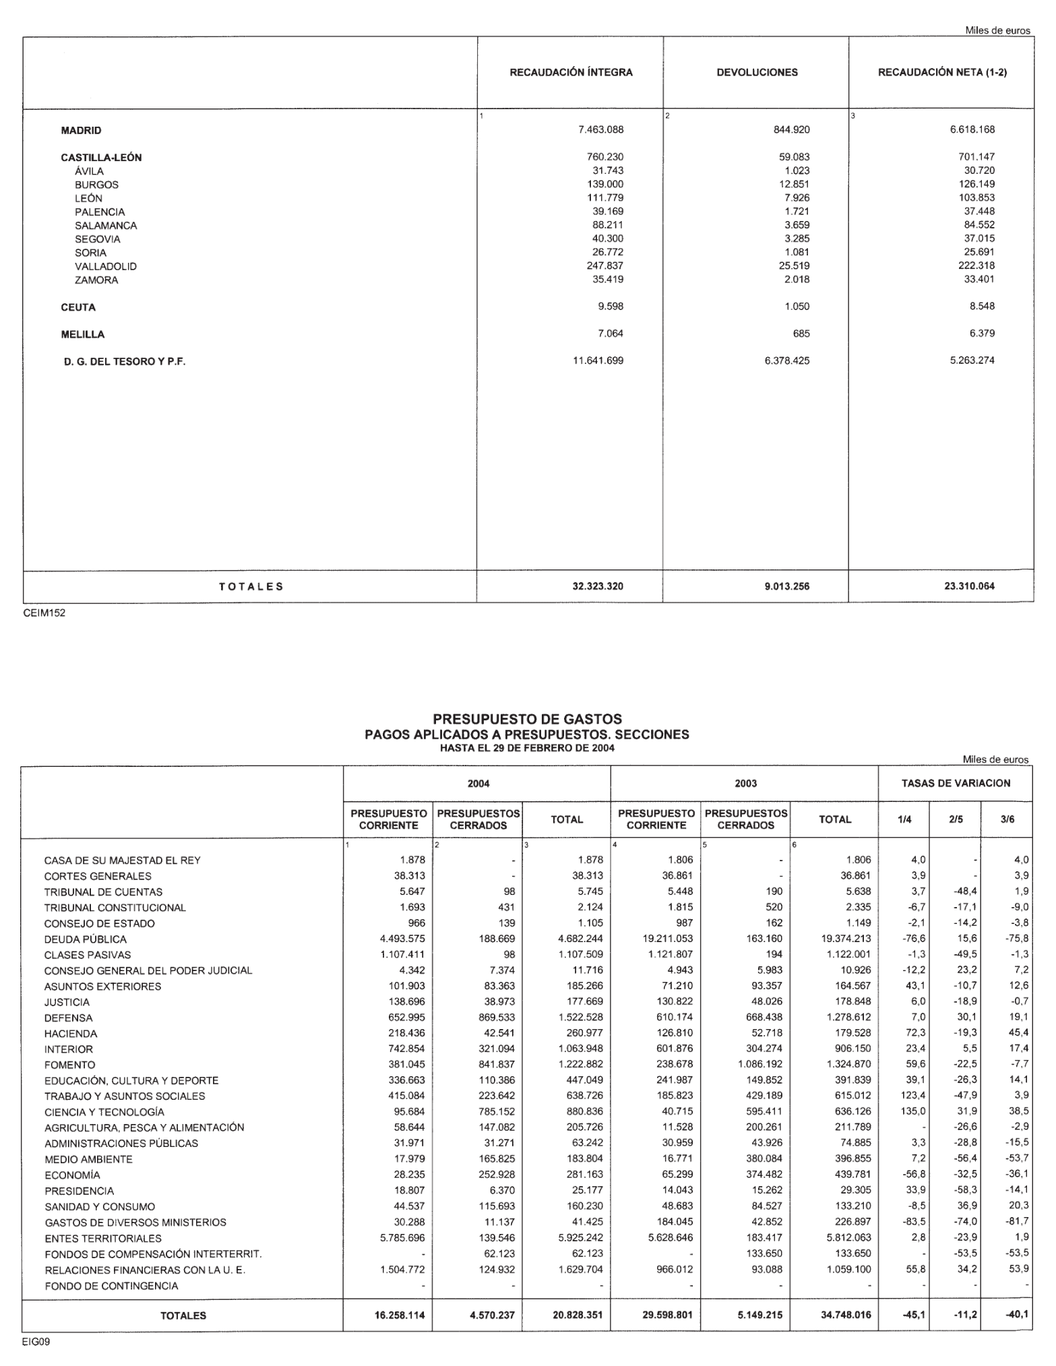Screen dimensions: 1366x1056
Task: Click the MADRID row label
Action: pos(81,131)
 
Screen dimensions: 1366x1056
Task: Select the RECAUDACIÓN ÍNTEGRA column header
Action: pos(571,73)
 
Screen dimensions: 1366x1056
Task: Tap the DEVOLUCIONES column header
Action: pos(757,73)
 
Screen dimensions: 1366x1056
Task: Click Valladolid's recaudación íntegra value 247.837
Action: pos(604,266)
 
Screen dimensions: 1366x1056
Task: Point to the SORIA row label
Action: pos(90,253)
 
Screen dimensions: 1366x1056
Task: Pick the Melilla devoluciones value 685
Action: pos(801,334)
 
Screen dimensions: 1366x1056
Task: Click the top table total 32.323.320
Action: pos(597,586)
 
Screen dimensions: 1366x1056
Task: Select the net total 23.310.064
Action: pos(969,586)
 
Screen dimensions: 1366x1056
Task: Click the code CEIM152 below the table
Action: pos(44,613)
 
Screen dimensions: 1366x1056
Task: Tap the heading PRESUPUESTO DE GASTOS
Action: pos(527,719)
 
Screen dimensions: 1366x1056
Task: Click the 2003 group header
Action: pos(745,783)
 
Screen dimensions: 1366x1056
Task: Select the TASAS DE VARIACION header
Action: pos(956,783)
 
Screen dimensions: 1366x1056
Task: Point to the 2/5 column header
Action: pos(956,819)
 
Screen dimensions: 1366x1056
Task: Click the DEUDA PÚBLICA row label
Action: pos(85,939)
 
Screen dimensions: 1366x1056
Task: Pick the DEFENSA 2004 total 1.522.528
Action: pos(580,1018)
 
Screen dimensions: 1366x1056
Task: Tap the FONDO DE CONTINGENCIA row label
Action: pos(111,1286)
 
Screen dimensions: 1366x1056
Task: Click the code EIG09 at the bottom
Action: pos(36,1342)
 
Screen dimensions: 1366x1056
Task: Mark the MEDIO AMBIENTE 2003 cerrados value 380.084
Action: pos(764,1159)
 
